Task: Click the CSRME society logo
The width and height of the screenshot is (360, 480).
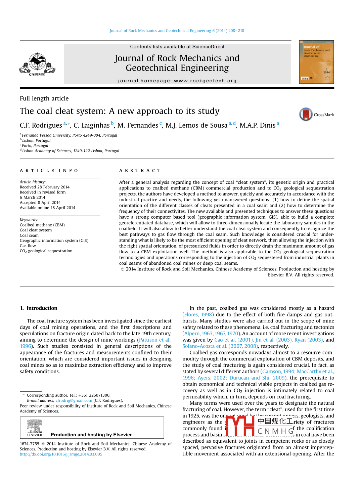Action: (37, 64)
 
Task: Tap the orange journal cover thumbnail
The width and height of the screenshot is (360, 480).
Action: (316, 62)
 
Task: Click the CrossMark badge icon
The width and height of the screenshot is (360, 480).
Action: (306, 114)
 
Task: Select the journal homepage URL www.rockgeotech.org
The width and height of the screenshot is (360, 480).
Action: (205, 81)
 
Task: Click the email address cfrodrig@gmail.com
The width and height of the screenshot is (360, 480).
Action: (74, 400)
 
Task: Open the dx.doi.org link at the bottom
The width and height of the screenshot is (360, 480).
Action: (61, 454)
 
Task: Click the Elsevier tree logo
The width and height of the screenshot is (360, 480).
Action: (35, 428)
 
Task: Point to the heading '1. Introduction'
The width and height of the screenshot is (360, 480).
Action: (39, 308)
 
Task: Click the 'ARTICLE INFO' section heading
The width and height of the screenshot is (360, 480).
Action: (49, 171)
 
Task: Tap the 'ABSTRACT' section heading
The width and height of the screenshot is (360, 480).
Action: (140, 171)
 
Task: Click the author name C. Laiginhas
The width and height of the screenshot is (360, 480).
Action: (91, 125)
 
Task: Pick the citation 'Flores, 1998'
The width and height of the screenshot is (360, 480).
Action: (198, 314)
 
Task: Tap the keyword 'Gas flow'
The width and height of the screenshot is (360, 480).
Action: (28, 246)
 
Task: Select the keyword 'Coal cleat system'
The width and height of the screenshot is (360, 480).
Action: (36, 230)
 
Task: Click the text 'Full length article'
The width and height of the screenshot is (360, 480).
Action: (44, 98)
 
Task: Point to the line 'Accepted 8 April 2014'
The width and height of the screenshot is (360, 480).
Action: (40, 203)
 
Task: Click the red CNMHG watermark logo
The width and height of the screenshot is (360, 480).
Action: (259, 426)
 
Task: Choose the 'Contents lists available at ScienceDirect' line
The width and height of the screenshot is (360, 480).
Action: (177, 47)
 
